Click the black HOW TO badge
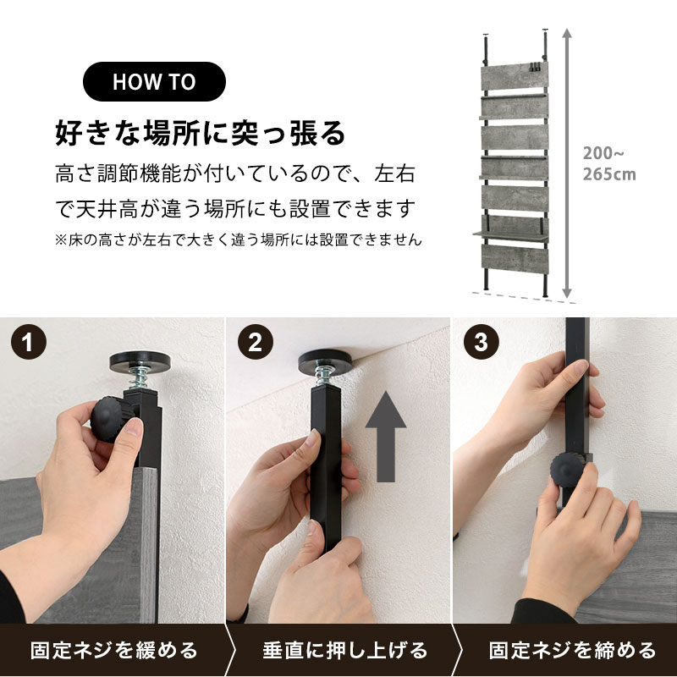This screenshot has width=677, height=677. click(154, 81)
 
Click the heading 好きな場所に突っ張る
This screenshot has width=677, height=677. click(201, 133)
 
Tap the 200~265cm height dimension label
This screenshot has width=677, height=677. click(609, 163)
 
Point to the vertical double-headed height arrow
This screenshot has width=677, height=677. click(567, 163)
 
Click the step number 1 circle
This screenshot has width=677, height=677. click(29, 342)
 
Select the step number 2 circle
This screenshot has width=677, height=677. click(256, 342)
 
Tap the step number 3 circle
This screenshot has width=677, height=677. click(482, 342)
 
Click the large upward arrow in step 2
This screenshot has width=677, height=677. click(386, 437)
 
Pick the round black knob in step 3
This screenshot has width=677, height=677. click(566, 470)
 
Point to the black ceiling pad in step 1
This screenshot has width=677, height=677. click(140, 361)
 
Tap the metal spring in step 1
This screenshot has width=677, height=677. click(138, 378)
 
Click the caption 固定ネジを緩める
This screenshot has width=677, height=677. click(114, 650)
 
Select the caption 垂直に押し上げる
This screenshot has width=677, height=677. click(345, 650)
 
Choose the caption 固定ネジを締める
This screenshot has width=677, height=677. click(573, 650)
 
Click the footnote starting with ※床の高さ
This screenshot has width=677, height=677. click(239, 239)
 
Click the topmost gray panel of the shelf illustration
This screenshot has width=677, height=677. click(515, 77)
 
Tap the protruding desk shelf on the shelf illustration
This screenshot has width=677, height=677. click(511, 235)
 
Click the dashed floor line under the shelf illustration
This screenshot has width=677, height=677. click(524, 298)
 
